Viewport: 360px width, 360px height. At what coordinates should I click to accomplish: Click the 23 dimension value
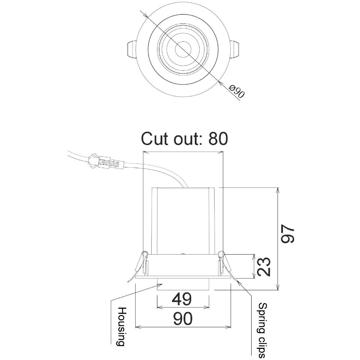point(265,266)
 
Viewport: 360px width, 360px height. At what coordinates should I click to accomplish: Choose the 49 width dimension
point(182,299)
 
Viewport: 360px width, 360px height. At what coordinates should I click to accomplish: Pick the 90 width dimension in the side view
point(182,318)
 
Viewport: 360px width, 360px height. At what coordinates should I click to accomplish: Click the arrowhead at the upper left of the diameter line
point(145,15)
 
